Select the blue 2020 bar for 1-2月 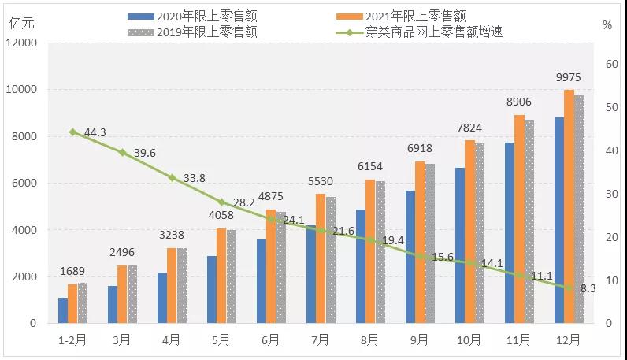(x=63, y=310)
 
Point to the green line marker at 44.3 (x=72, y=132)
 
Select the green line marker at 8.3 (x=569, y=288)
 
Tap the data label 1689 (x=72, y=272)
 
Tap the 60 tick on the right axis (x=609, y=65)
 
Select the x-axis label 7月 (x=321, y=340)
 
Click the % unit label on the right (x=607, y=24)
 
